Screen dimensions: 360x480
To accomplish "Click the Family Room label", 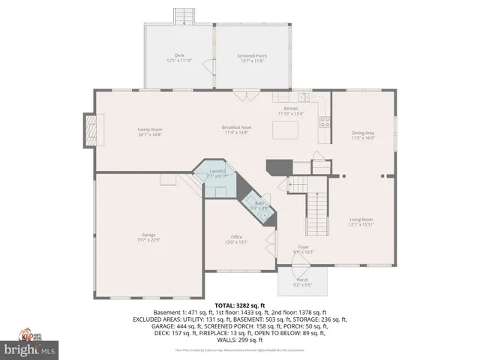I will coord(150,132).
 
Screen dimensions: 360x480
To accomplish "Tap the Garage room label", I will coord(148,237).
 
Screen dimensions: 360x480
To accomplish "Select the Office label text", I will coord(236,239).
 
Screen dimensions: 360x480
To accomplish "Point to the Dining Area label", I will coord(363,136).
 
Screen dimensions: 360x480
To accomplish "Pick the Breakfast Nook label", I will coord(236,130).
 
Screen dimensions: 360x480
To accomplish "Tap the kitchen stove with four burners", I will coord(325,121).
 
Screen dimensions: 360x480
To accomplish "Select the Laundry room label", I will coord(216,172).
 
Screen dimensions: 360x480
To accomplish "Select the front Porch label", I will coord(302,282).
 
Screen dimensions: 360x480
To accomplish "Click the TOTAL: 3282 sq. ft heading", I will coord(240,306).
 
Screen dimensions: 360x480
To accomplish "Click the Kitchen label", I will coord(290,111).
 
